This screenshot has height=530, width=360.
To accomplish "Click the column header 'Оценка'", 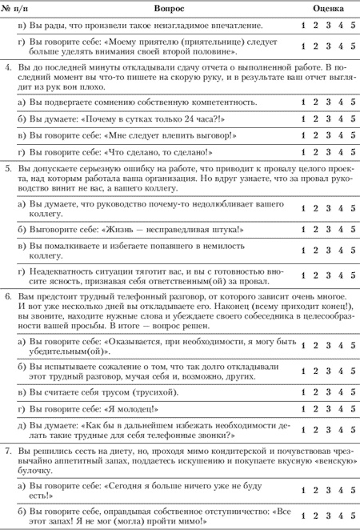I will [x=328, y=7].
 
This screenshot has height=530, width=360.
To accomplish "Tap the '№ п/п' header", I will [x=17, y=7].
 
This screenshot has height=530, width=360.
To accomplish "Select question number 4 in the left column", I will [x=8, y=73].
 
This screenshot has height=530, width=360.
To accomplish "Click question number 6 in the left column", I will [x=8, y=296].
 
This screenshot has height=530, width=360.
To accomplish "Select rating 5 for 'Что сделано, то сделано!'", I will [x=353, y=152].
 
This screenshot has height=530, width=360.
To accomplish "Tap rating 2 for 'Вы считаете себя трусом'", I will [x=316, y=391].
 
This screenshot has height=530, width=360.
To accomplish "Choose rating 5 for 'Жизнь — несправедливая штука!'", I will [x=353, y=229].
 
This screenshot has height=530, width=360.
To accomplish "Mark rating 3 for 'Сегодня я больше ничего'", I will [x=328, y=492].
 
